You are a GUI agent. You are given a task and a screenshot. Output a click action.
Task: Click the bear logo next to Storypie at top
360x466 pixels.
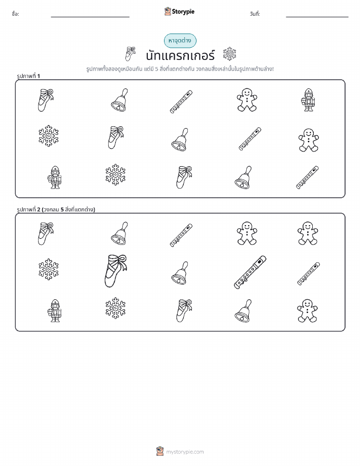tap(168, 12)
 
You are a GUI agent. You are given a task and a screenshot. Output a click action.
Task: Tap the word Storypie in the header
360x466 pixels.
tap(183, 12)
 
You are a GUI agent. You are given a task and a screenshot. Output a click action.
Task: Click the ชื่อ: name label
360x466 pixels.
tap(15, 14)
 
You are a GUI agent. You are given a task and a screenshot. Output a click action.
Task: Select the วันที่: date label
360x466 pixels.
tap(254, 14)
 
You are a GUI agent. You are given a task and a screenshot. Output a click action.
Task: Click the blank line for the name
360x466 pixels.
tap(90, 17)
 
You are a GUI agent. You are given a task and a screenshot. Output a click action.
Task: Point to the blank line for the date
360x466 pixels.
tap(317, 17)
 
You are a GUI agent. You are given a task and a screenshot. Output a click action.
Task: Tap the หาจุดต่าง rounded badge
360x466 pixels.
tap(180, 41)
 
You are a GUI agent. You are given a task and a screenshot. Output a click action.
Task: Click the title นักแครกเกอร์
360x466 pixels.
tap(180, 55)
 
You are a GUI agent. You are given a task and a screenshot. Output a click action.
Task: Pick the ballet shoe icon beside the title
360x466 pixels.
tap(130, 53)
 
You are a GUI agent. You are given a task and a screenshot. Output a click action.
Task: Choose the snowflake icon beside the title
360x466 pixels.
tap(230, 54)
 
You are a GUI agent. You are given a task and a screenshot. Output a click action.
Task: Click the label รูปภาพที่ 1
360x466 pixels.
tap(28, 76)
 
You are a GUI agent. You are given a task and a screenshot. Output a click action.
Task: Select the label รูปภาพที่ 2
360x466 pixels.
tap(28, 209)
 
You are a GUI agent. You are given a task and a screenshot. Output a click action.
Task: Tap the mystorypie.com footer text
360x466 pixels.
tap(185, 452)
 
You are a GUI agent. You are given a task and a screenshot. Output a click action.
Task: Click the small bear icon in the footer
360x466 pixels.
tap(160, 451)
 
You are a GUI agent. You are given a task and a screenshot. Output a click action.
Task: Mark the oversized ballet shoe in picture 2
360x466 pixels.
tap(115, 270)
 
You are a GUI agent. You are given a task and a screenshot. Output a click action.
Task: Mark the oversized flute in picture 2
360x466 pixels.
tap(250, 272)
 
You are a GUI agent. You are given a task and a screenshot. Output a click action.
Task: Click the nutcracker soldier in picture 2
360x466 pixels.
tap(54, 310)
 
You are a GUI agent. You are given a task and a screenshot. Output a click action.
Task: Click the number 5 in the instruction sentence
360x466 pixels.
tap(156, 69)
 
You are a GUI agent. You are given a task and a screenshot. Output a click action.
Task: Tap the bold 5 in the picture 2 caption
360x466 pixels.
tap(62, 209)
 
